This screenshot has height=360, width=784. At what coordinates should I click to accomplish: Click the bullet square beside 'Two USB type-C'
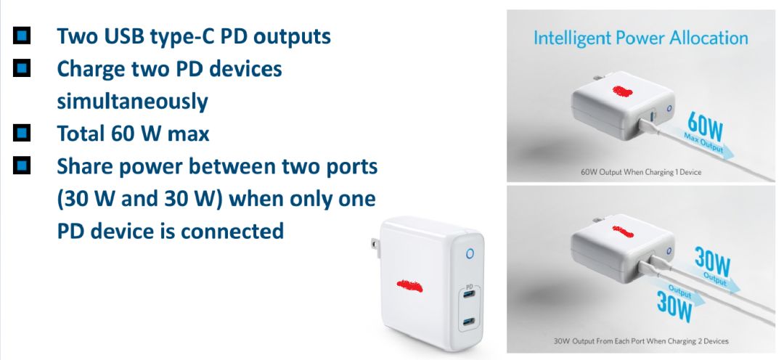pos(22,34)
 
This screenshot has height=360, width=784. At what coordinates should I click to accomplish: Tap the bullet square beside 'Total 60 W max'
pos(22,133)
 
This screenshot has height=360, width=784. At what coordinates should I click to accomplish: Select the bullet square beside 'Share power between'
pos(22,166)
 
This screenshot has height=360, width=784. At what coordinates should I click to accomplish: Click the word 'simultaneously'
pos(132,101)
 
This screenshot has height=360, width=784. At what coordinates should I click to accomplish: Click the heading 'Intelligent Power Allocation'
pos(640,38)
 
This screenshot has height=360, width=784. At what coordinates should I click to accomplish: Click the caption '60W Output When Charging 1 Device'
pos(641,173)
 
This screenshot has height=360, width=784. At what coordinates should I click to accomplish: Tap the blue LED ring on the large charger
pos(469,253)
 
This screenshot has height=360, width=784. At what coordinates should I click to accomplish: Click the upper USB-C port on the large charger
pos(468,296)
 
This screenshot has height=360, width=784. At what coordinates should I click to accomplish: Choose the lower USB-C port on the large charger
pos(468,321)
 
